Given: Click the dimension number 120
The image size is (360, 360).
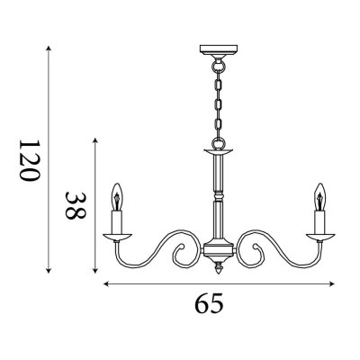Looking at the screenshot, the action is [x=30, y=160].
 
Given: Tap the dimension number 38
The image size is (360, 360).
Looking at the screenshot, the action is [x=76, y=206].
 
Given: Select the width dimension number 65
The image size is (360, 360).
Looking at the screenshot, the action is [x=210, y=303].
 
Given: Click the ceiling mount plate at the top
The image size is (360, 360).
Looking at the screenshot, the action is [x=219, y=49].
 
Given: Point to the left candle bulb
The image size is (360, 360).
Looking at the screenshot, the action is [x=117, y=197].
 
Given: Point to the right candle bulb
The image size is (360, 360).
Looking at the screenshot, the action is [x=319, y=197].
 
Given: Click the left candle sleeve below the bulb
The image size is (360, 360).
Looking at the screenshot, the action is [x=117, y=222].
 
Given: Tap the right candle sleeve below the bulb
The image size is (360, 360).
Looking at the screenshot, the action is [x=319, y=222].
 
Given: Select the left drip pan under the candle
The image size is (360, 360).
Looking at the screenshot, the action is [x=117, y=237].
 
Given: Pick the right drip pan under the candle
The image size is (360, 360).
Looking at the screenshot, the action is [x=320, y=237].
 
